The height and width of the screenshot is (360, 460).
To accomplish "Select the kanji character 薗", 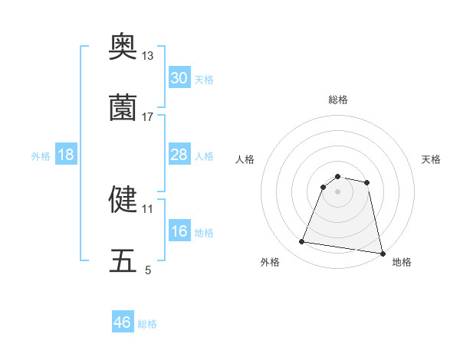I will (x=123, y=108).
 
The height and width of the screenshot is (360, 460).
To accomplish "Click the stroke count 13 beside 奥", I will (x=148, y=56).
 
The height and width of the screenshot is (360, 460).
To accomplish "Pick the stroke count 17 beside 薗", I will (x=148, y=117).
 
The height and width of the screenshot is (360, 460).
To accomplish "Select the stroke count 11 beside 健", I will (x=147, y=208).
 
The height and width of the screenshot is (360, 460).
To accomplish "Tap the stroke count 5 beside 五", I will (x=148, y=270).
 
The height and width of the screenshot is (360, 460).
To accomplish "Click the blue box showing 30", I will (x=179, y=78).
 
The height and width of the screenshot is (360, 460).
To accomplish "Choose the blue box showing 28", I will (x=179, y=155).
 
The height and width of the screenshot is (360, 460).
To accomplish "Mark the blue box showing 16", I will (x=179, y=231).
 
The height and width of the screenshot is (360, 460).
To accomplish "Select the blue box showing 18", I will (x=65, y=155).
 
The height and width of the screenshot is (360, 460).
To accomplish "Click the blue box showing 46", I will (x=122, y=322).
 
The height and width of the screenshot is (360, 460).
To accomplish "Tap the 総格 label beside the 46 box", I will (x=147, y=324).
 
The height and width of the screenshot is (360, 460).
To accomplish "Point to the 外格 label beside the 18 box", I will (x=41, y=156).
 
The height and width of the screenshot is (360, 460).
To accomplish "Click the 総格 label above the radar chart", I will (x=338, y=100).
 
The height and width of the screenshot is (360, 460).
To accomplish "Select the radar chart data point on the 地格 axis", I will (x=382, y=253).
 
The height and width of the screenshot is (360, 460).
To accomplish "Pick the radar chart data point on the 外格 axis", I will (x=302, y=242).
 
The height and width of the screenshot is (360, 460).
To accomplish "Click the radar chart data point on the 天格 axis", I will (x=367, y=182).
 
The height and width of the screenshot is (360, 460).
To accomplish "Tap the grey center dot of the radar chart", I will (x=338, y=191).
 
